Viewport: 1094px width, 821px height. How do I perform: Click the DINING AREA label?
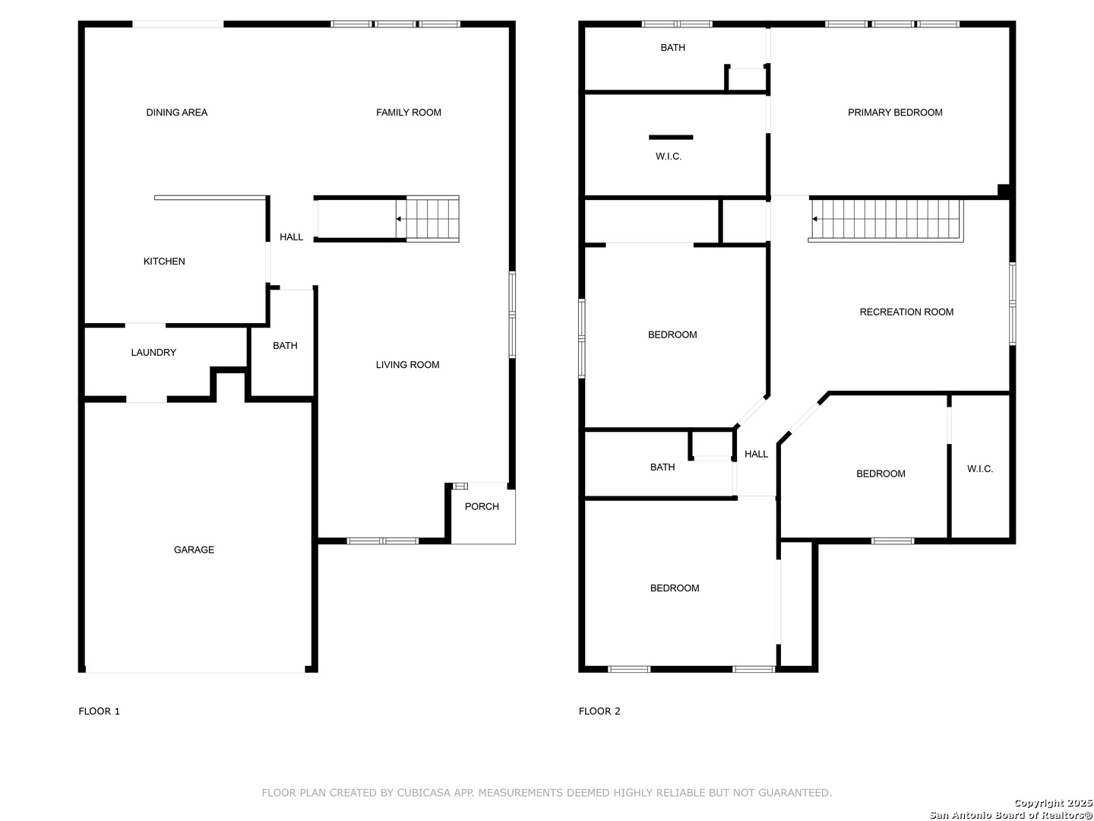coord(176,113)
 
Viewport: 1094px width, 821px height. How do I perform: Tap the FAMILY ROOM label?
coord(408,113)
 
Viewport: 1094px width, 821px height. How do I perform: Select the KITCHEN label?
coord(164,262)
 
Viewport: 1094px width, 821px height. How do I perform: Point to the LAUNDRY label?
coord(153,353)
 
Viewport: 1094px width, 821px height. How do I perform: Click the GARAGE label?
coord(194,550)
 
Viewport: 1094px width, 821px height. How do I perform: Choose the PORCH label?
coord(482,506)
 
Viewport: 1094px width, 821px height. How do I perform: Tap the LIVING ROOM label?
coord(407,365)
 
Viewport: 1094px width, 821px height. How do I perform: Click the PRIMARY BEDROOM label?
coord(895,113)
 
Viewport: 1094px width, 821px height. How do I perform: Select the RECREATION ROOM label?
coord(906,312)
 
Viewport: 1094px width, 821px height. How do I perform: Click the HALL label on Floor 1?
coord(291,237)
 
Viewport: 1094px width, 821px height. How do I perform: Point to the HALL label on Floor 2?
coord(756,454)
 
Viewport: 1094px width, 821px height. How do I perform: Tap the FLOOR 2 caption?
coord(599,712)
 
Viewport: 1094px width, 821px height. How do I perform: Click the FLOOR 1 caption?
coord(100,712)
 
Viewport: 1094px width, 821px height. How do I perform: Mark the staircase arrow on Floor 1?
coord(399,219)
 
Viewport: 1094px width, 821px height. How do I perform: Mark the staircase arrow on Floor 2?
coord(815,219)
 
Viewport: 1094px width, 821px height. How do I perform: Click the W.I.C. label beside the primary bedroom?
coord(669,157)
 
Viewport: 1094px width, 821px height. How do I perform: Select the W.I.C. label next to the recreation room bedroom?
coord(980,469)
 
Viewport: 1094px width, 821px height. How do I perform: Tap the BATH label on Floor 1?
coord(285,345)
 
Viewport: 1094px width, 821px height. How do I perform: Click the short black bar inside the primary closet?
coord(670,137)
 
